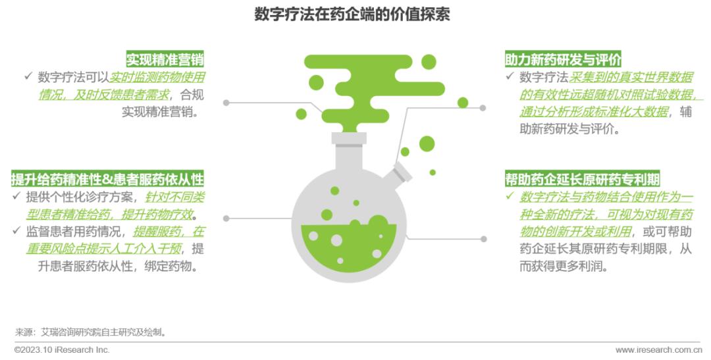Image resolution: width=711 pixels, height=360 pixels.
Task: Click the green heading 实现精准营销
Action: tap(165, 60)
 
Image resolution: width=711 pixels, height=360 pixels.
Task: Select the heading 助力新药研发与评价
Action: tap(564, 60)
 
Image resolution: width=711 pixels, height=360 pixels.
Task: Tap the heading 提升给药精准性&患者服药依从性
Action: tap(107, 179)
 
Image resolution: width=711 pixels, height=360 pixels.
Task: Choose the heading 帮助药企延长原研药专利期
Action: tap(583, 180)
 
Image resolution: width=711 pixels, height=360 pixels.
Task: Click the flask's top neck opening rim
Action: tap(349, 138)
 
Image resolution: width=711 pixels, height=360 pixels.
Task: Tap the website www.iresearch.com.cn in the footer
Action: tap(658, 350)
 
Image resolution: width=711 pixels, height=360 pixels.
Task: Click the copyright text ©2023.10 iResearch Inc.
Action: tap(62, 350)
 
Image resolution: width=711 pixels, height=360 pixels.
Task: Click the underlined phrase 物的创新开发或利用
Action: tap(575, 232)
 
